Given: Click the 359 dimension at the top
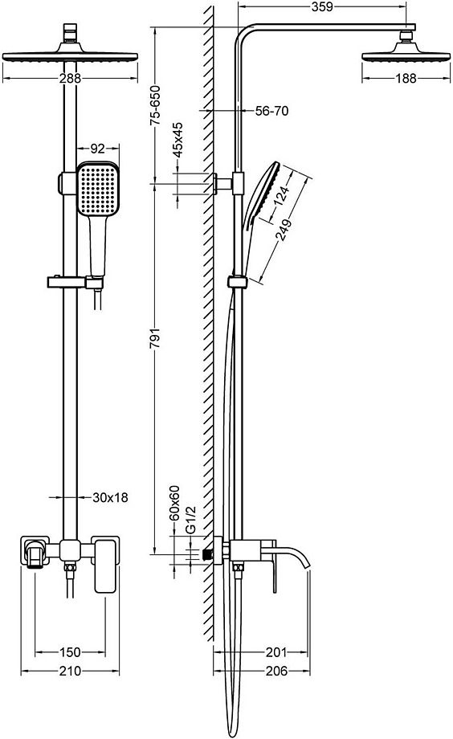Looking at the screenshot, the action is (322, 7).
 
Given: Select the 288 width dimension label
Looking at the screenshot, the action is (70, 79).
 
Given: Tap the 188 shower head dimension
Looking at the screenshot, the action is (406, 78).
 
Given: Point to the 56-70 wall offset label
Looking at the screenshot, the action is (271, 111).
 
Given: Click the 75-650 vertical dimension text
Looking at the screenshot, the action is (155, 105).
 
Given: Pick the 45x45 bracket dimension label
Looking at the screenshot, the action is (178, 140).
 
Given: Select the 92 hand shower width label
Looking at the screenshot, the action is (97, 149).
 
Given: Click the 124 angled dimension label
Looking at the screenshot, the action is (281, 195).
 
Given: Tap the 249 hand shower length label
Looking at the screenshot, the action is (284, 230).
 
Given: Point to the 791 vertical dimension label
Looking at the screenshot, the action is (155, 338).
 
